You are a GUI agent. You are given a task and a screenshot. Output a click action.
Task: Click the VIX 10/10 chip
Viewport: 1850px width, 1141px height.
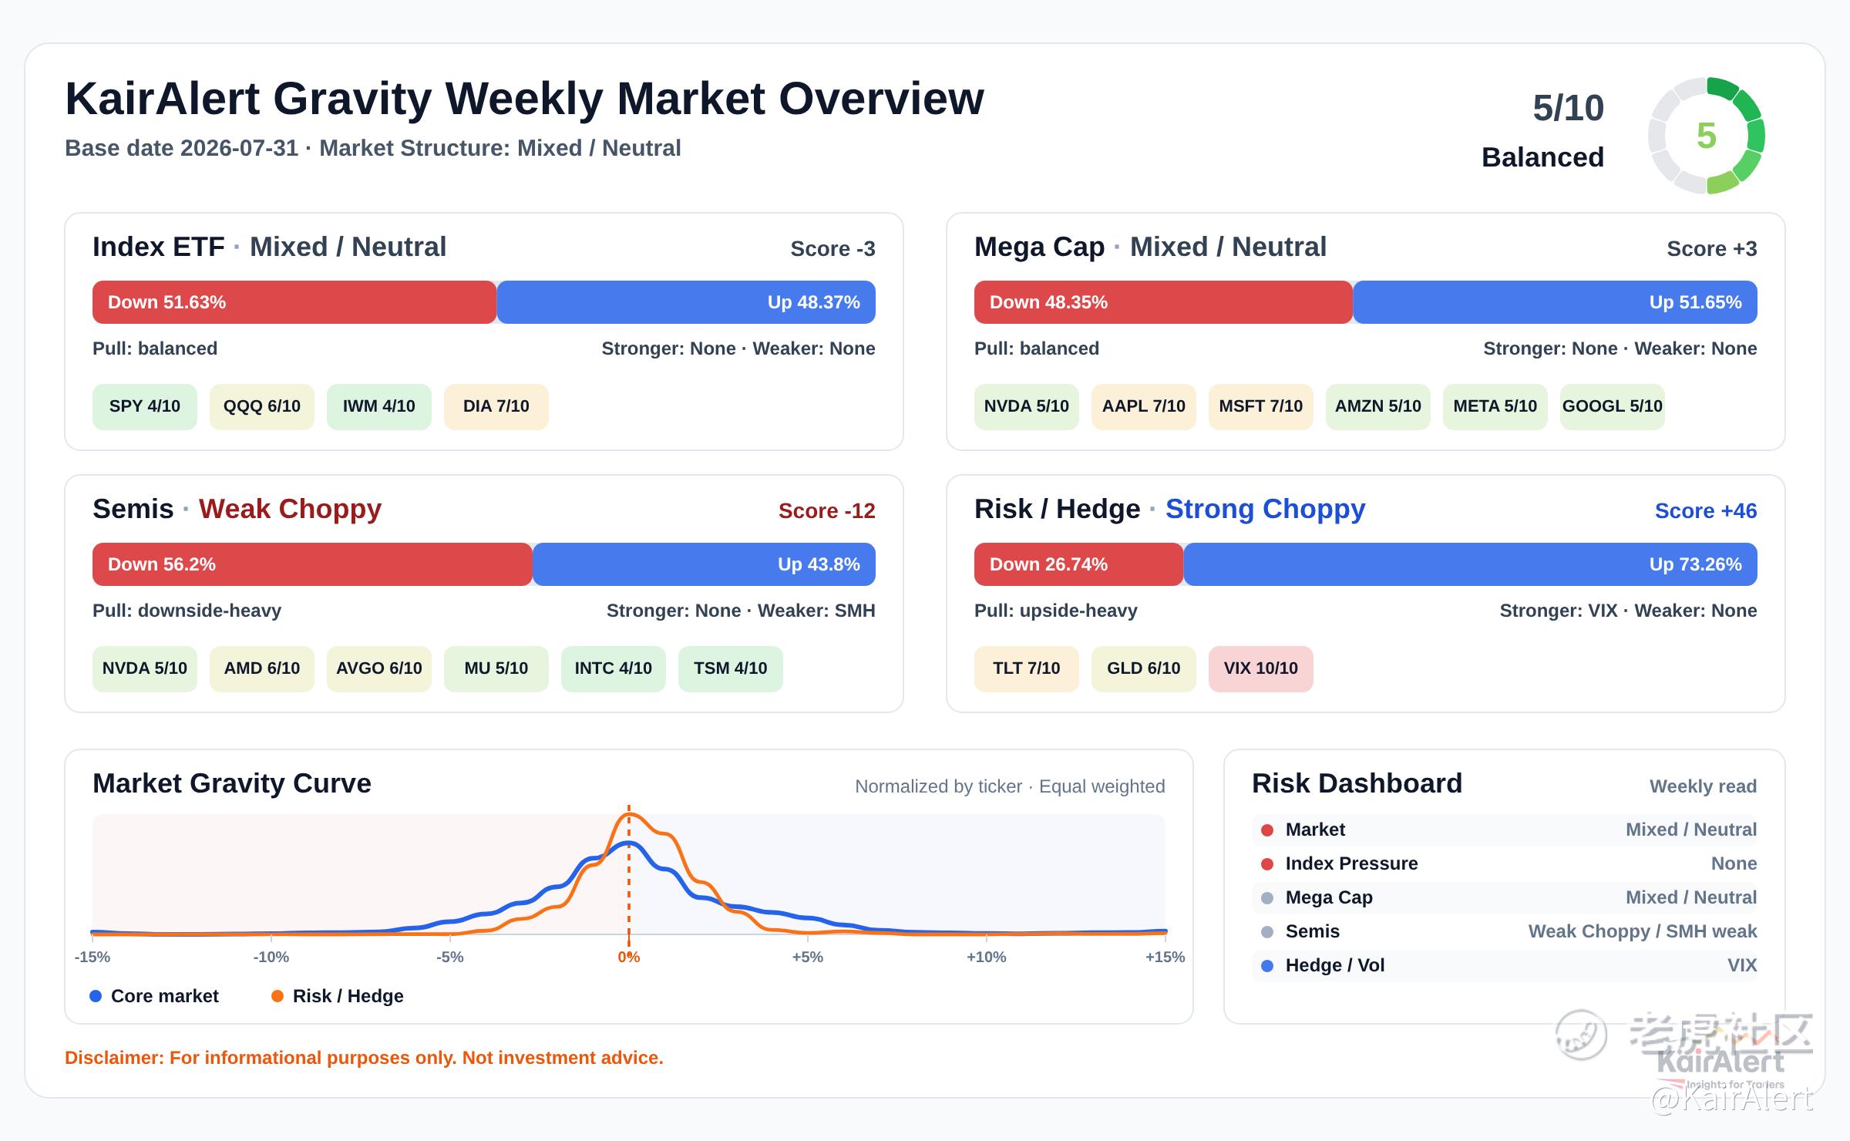click(x=1260, y=668)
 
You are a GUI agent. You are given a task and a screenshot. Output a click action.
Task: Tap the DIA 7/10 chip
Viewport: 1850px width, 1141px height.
click(x=496, y=406)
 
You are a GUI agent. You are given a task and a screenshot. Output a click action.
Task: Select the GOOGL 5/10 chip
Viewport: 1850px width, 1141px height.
click(x=1612, y=406)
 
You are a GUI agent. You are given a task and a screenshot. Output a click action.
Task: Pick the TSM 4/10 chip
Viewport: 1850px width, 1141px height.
click(x=730, y=668)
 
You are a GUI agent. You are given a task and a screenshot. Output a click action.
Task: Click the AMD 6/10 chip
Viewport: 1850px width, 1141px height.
click(x=261, y=668)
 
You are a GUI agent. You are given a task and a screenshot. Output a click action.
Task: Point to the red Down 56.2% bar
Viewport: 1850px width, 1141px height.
click(x=312, y=564)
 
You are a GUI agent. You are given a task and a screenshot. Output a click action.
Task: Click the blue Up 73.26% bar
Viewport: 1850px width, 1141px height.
click(x=1470, y=564)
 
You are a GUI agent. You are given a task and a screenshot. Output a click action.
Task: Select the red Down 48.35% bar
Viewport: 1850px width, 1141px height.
click(x=1163, y=302)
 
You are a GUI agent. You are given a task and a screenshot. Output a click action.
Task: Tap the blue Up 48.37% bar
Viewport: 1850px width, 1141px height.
click(x=686, y=302)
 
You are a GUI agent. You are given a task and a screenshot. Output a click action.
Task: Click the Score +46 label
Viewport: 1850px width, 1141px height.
click(x=1706, y=510)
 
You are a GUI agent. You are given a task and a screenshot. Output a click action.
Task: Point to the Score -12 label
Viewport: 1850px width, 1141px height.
click(x=826, y=510)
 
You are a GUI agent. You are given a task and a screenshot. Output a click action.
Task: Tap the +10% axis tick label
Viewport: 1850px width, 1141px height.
click(x=986, y=957)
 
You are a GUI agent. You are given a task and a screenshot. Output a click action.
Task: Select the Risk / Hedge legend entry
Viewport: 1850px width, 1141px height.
click(x=338, y=996)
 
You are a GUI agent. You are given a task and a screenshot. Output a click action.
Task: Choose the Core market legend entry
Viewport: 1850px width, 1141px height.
click(x=154, y=996)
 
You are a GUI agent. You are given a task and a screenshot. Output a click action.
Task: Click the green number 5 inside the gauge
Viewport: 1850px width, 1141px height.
click(x=1707, y=136)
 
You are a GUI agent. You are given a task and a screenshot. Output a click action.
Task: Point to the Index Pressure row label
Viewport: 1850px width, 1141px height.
click(x=1351, y=863)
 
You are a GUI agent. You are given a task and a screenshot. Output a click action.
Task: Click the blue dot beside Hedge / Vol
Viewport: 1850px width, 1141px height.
click(x=1267, y=965)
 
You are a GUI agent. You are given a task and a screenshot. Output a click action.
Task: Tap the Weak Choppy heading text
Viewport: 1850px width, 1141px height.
click(x=290, y=509)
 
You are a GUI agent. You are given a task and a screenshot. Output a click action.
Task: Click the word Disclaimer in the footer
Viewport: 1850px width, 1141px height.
click(x=114, y=1058)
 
